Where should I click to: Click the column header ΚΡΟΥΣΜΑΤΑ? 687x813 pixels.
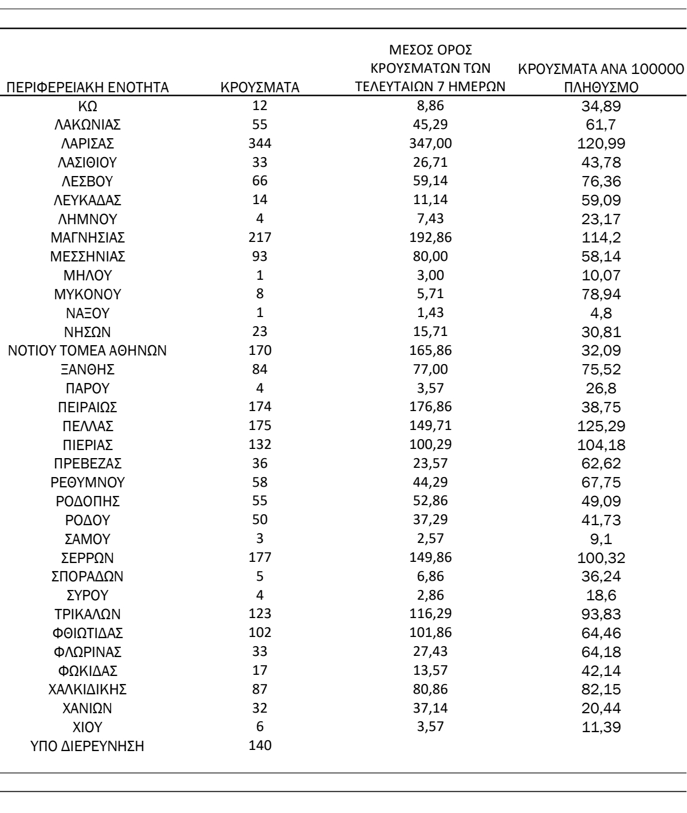tap(260, 88)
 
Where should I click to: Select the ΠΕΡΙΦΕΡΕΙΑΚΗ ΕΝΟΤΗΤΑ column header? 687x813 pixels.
tap(88, 88)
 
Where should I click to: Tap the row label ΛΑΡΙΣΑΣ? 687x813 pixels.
tap(88, 144)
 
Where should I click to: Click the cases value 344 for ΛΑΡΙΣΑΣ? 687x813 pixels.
tap(260, 143)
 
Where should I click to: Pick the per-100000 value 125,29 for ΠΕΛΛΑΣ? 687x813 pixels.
tap(600, 427)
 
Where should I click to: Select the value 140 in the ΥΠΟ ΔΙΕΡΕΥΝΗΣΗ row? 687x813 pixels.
tap(260, 745)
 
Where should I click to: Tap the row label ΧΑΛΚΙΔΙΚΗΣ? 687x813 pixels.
tap(88, 690)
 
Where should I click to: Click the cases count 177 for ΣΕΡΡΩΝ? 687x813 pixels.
tap(260, 557)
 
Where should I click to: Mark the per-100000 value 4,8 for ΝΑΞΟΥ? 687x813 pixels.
tap(600, 314)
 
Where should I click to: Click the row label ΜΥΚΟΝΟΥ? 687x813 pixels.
tap(88, 295)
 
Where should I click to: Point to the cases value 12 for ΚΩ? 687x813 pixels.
tap(260, 105)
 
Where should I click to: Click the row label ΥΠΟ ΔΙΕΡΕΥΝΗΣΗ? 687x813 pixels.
tap(88, 746)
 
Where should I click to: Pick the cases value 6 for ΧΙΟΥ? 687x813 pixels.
tap(260, 726)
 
